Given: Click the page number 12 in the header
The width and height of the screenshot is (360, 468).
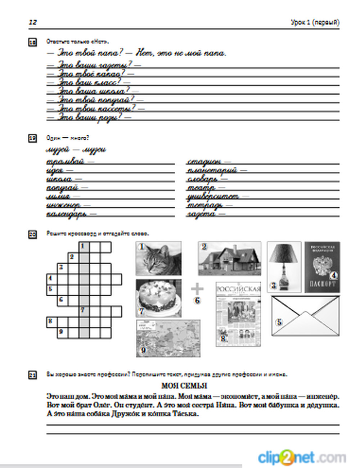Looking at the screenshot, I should click(33, 22).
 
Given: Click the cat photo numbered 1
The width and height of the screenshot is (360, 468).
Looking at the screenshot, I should click(158, 258).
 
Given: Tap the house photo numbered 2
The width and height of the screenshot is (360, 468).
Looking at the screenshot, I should click(229, 258).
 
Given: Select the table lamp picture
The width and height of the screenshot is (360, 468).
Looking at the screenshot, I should click(284, 266).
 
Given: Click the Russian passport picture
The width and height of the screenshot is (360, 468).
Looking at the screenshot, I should click(322, 266).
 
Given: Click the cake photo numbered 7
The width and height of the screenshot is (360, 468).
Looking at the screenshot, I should click(158, 298).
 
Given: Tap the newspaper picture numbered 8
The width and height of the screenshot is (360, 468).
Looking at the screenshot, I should click(238, 314).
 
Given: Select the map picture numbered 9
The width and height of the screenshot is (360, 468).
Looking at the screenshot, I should click(168, 338).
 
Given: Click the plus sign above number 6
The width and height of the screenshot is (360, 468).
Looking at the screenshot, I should click(197, 289).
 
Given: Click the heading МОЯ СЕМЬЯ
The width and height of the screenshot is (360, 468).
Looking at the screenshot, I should click(184, 386).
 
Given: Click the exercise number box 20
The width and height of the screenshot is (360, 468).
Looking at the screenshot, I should click(32, 235).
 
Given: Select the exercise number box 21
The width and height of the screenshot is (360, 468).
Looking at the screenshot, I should click(32, 375).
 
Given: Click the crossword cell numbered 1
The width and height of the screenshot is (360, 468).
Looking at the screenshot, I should click(84, 247).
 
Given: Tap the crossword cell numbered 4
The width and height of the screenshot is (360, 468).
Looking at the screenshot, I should click(52, 279).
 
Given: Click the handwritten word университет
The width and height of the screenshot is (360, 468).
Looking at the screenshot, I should click(213, 196).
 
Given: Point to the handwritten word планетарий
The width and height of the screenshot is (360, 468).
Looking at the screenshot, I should click(212, 170).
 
